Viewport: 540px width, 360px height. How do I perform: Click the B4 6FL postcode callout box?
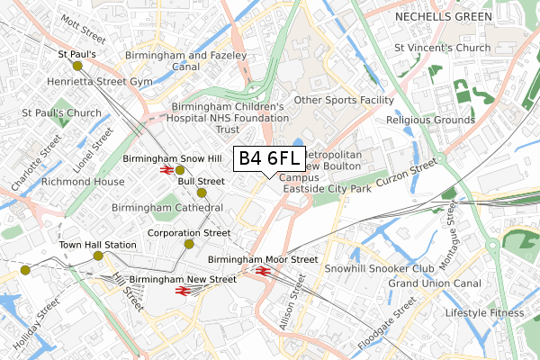click(270, 158)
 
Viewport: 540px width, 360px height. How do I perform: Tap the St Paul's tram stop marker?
click(77, 66)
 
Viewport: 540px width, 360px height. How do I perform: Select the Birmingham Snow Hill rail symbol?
click(166, 169)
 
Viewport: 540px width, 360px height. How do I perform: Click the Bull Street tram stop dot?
click(202, 193)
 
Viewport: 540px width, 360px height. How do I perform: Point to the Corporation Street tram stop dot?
click(190, 244)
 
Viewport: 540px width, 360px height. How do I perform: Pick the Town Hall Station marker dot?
click(98, 256)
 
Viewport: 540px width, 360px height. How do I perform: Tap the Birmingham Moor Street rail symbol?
click(263, 270)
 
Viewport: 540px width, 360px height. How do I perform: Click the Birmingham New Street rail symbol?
click(197, 291)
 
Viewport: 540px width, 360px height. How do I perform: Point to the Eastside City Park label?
click(327, 190)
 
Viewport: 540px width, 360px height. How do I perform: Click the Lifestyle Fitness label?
click(484, 313)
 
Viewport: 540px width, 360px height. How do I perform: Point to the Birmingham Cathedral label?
click(167, 208)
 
